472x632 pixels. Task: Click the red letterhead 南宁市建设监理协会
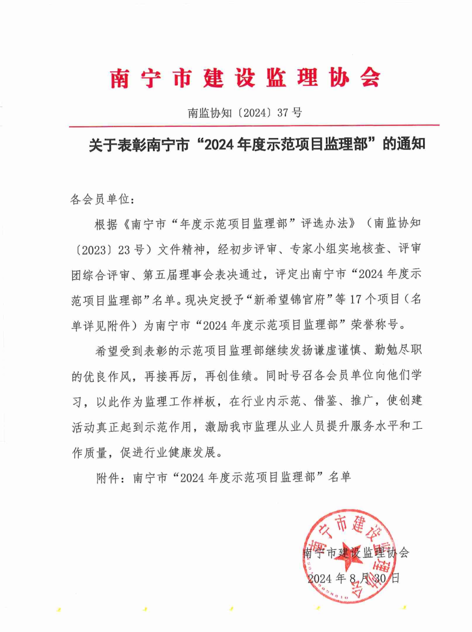[x=245, y=79]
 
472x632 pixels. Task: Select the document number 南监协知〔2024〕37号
[x=245, y=113]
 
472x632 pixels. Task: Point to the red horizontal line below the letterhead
[x=253, y=126]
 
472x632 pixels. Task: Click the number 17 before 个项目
[x=356, y=300]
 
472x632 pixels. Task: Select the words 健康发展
[x=192, y=452]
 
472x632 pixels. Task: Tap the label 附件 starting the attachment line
[x=108, y=478]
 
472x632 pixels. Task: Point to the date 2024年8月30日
[x=354, y=578]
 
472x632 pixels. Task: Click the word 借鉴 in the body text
[x=326, y=401]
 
